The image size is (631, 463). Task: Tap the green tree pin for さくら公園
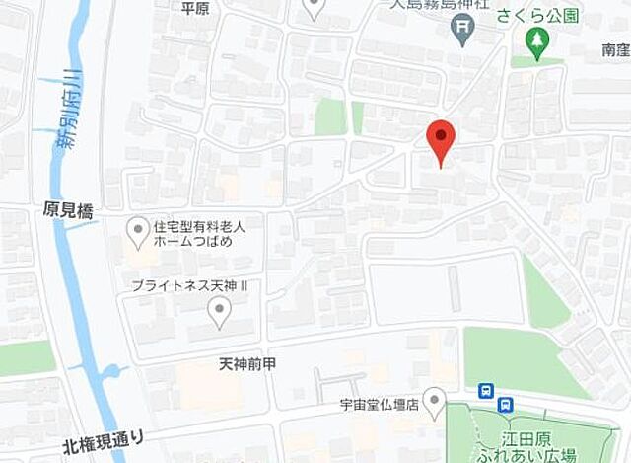coord(536,39)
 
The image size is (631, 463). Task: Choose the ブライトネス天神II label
coord(186,284)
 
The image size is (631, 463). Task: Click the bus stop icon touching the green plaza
coord(506,403)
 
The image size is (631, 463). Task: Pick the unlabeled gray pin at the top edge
coord(314,8)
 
